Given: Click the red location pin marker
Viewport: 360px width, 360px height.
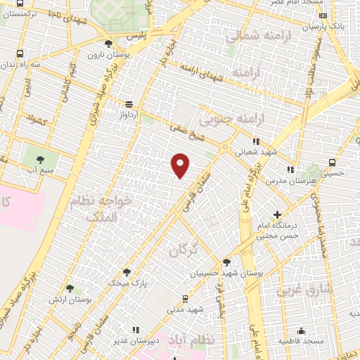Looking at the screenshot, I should click(x=181, y=165).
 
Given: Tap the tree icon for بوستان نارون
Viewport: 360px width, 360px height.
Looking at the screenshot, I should click(x=108, y=44).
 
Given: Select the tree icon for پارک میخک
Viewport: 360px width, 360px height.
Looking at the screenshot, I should click(x=127, y=271).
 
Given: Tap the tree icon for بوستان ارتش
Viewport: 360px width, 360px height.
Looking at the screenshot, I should click(x=69, y=288).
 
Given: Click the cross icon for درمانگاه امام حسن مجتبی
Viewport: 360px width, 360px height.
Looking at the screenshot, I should click(x=278, y=214).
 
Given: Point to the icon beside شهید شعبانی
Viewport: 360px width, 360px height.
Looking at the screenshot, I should click(x=256, y=141).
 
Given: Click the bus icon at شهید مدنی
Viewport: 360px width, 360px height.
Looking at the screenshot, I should click(x=185, y=297).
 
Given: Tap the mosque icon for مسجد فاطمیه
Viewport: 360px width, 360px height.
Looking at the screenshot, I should click(x=302, y=330).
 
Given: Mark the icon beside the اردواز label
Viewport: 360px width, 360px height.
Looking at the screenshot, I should click(x=128, y=104).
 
